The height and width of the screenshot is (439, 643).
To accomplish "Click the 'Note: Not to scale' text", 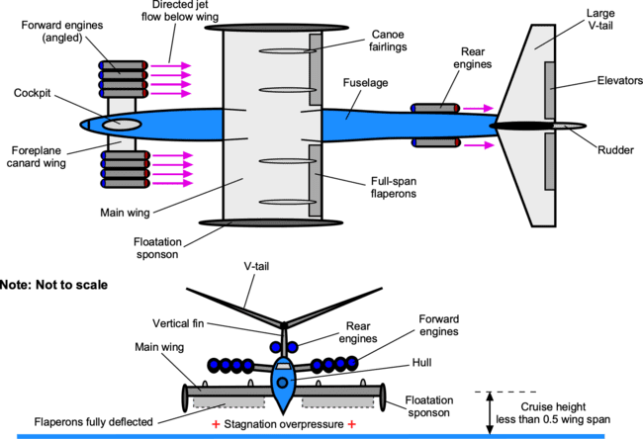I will coord(54,285).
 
